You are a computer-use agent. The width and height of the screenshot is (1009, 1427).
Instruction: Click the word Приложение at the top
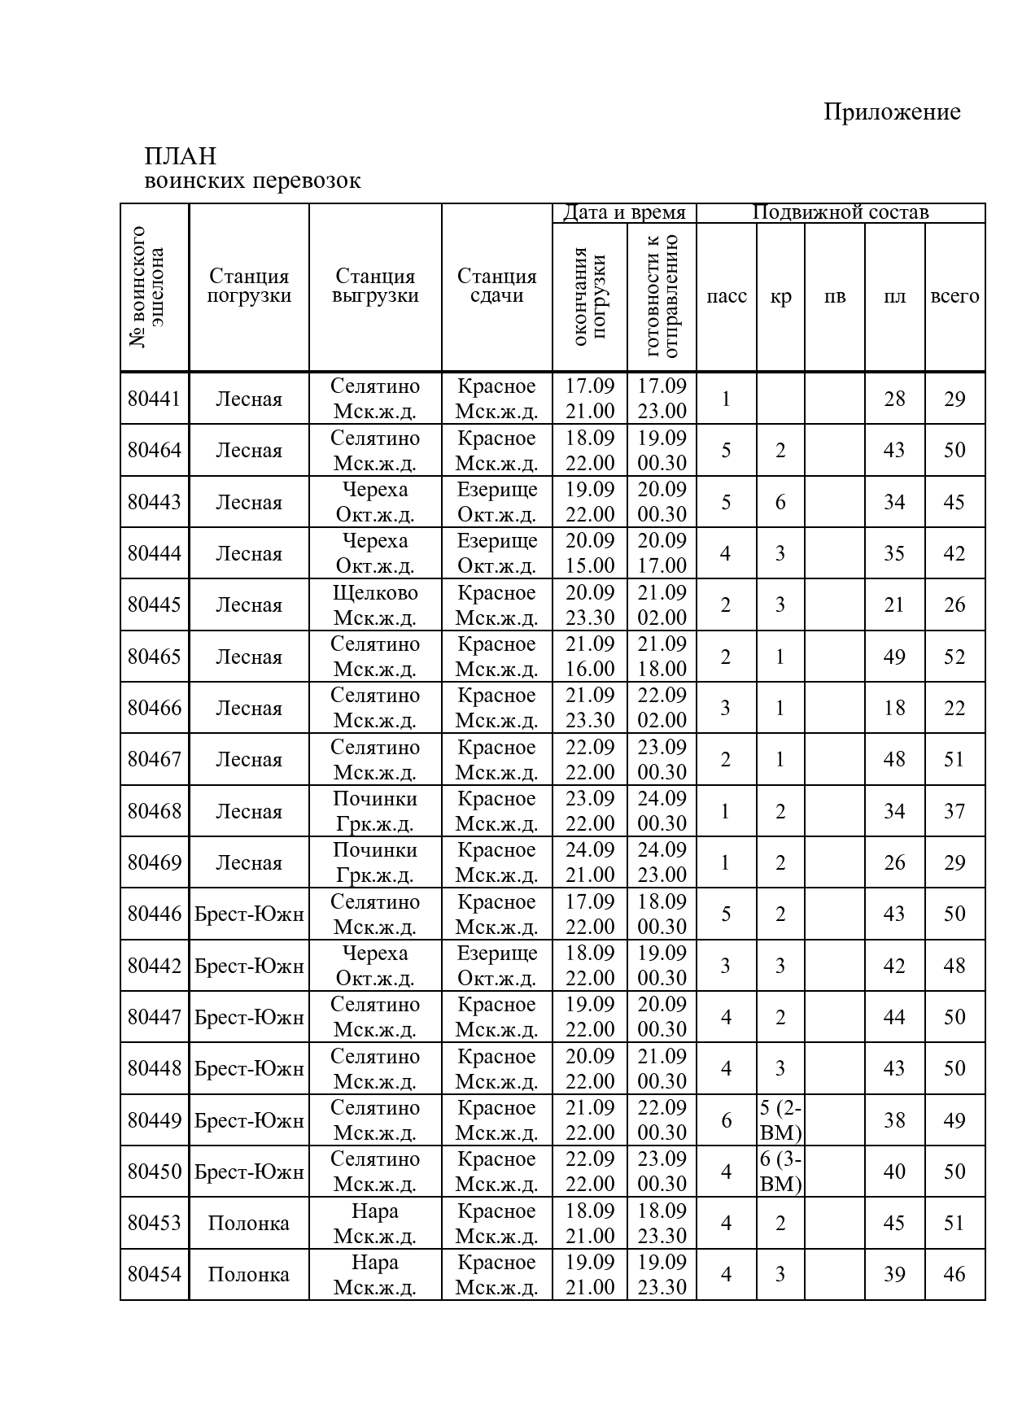point(891,111)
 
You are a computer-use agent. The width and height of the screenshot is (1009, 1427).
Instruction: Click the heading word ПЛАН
point(180,155)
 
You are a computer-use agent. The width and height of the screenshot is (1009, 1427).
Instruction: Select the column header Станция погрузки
point(248,286)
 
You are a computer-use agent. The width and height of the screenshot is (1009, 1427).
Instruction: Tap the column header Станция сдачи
point(496,286)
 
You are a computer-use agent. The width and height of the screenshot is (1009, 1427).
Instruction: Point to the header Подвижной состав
point(840,212)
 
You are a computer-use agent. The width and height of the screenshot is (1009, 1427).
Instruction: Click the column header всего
point(954,296)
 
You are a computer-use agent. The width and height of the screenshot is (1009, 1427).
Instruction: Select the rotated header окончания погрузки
point(590,297)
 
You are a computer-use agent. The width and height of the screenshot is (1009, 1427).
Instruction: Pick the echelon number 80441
point(155,399)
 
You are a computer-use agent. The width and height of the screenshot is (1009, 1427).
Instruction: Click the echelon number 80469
point(155,862)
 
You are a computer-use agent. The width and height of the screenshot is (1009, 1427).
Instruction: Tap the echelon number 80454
point(155,1274)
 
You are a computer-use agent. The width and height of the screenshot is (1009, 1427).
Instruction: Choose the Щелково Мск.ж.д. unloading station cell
point(375,604)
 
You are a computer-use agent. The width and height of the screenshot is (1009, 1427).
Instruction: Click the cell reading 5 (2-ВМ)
point(780,1120)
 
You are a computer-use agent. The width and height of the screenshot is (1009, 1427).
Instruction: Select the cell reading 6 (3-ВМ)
point(780,1172)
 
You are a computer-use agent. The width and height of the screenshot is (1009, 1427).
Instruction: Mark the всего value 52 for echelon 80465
point(954,657)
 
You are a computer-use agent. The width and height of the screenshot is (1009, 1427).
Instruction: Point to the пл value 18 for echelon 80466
point(894,708)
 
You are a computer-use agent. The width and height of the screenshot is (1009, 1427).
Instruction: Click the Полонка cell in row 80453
point(248,1223)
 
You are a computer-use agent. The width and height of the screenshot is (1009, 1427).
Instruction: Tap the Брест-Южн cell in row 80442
point(248,966)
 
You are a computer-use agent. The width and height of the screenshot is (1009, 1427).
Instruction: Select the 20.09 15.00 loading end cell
point(590,553)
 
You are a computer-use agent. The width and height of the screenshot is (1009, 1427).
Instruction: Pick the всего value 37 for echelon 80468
point(954,811)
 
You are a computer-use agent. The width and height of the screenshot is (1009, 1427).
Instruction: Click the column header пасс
point(726,296)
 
